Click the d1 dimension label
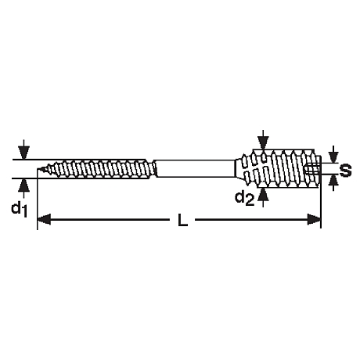pos(20,210)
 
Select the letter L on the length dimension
pos(182,220)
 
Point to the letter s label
pos(345,170)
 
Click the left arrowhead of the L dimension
pos(44,219)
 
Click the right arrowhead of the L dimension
pos(314,219)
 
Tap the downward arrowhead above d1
pos(23,153)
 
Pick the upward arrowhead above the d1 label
pos(23,185)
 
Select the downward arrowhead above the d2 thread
pos(264,143)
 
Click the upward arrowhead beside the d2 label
pos(264,194)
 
